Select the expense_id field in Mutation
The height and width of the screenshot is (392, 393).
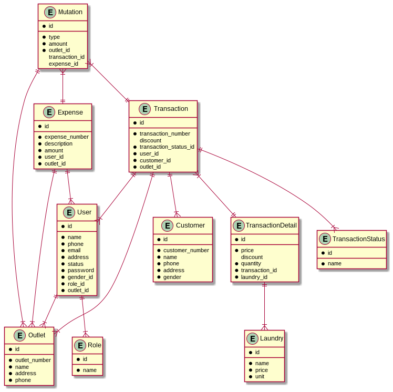pyautogui.click(x=63, y=64)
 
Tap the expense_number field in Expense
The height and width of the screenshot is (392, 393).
pyautogui.click(x=66, y=137)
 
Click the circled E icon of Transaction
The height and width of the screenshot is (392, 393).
pyautogui.click(x=145, y=109)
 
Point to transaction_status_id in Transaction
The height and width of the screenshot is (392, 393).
pyautogui.click(x=167, y=147)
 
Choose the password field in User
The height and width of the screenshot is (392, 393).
pyautogui.click(x=80, y=270)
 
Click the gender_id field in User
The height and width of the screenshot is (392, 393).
pyautogui.click(x=80, y=277)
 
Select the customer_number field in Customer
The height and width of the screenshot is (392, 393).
pyautogui.click(x=186, y=250)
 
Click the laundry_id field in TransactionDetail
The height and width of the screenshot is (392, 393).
pyautogui.click(x=254, y=277)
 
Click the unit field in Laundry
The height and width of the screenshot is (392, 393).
pyautogui.click(x=260, y=376)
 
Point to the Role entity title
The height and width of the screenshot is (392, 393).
pyautogui.click(x=95, y=345)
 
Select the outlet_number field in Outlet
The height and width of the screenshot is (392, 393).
pyautogui.click(x=33, y=360)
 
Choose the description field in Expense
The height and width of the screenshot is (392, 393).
pyautogui.click(x=58, y=143)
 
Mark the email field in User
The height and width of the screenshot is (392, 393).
pyautogui.click(x=75, y=250)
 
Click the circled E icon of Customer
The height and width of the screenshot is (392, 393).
pyautogui.click(x=167, y=225)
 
